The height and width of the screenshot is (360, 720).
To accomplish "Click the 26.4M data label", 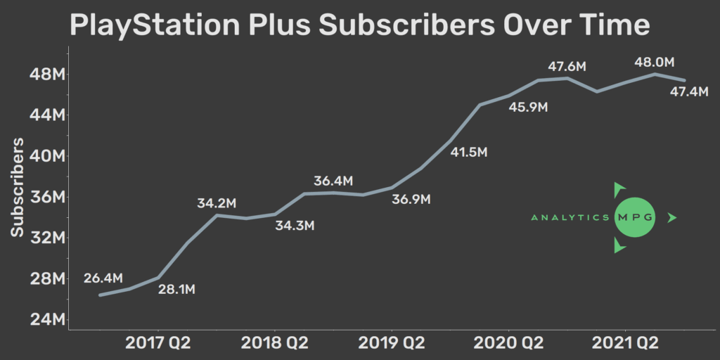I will point(103,278).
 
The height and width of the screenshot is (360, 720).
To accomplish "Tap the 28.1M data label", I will point(176,289).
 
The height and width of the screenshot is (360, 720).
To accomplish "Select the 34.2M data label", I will point(217,203).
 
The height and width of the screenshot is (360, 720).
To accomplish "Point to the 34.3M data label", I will point(295,226).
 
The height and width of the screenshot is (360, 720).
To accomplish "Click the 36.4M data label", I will point(333,181).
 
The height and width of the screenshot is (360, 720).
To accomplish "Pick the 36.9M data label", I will point(411,200).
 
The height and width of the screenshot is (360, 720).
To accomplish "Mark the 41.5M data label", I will point(469,152).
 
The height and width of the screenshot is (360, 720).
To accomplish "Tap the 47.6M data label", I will point(567,67).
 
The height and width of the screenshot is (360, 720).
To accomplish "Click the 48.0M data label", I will point(655,62).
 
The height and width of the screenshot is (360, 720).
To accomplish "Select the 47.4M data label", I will point(689,92).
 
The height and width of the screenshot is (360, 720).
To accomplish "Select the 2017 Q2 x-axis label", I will point(158,343).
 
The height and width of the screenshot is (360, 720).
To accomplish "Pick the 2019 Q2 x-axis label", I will point(392,343).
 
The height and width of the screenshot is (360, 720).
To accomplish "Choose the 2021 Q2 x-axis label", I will point(625,343).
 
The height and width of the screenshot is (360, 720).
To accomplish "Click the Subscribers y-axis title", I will point(18,187).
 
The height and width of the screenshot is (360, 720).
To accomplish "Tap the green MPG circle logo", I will point(634,218).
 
